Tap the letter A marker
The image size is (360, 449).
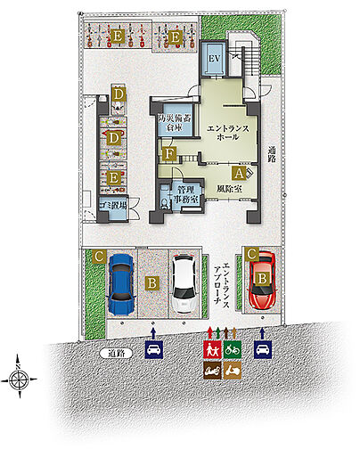coord(238,173)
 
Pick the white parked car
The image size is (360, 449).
coord(184,282)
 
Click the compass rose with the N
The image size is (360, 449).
coord(20,378)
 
